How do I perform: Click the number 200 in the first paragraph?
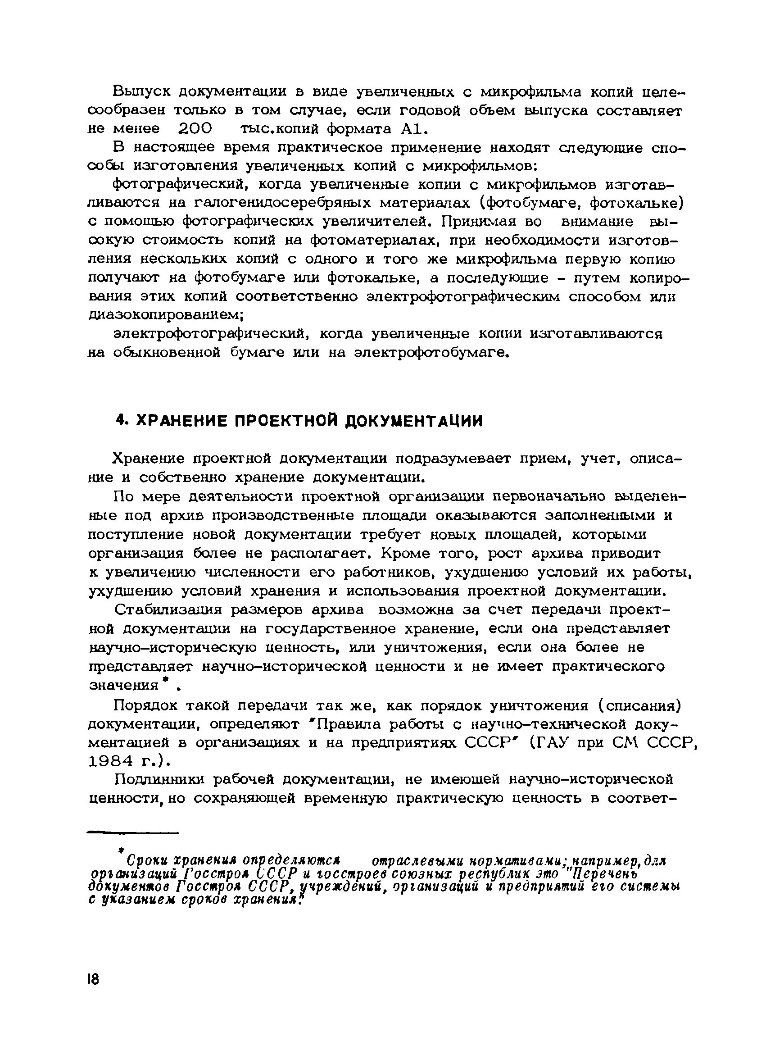click(x=195, y=128)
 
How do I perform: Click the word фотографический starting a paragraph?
click(x=180, y=185)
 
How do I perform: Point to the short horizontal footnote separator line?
click(x=134, y=833)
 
